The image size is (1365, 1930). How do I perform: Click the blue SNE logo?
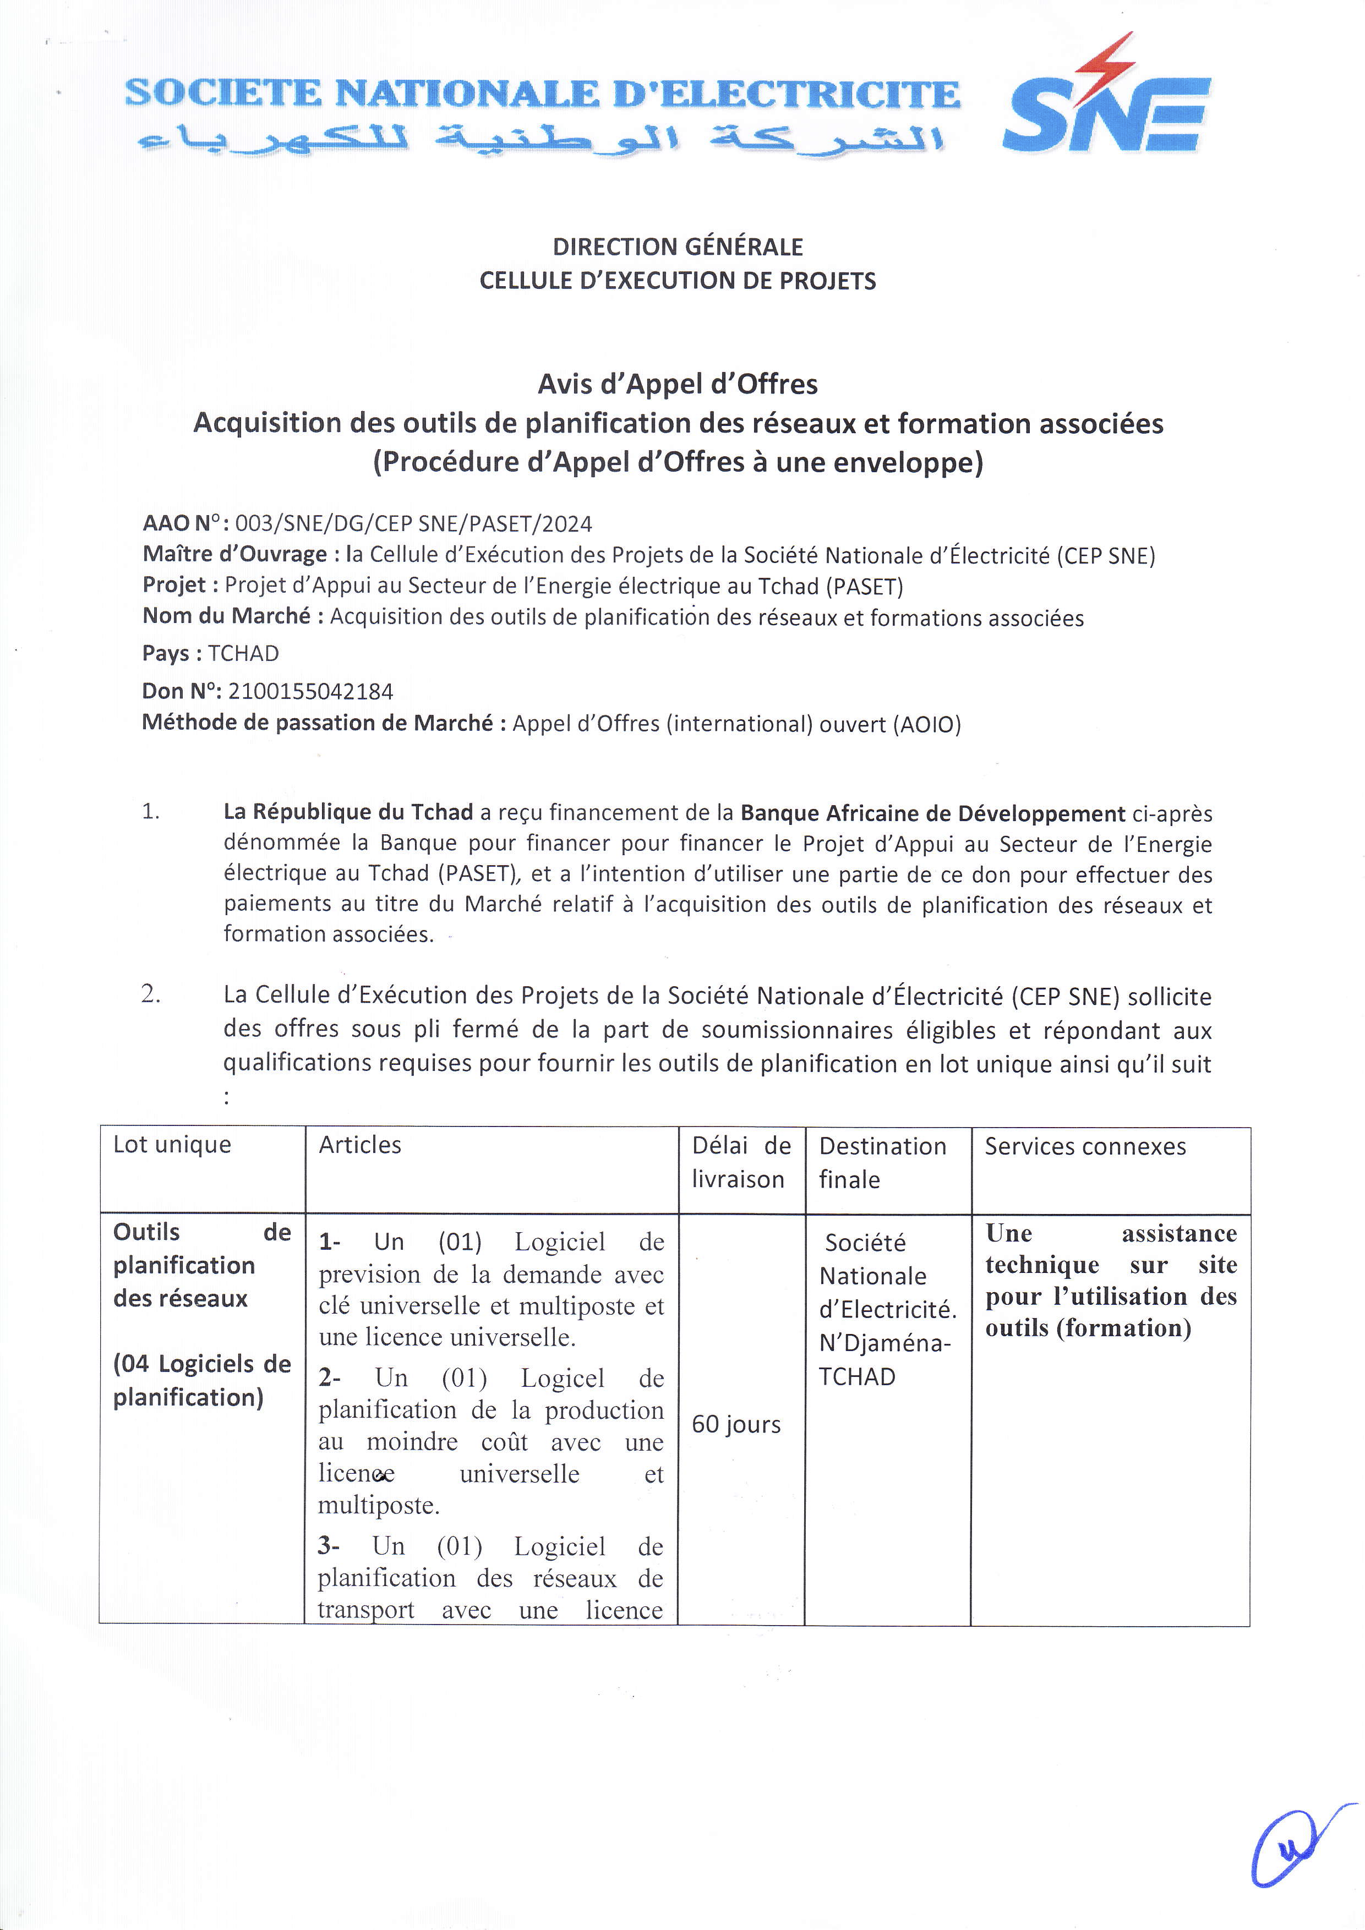1105,113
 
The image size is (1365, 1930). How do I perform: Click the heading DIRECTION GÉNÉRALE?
678,247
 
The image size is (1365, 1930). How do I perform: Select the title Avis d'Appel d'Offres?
678,384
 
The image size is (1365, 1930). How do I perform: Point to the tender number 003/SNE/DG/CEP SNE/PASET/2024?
413,524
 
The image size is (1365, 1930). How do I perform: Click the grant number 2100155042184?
310,691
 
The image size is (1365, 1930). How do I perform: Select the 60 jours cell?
736,1424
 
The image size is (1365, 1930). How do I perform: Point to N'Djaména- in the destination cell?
885,1343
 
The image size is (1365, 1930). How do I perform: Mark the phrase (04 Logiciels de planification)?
202,1380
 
